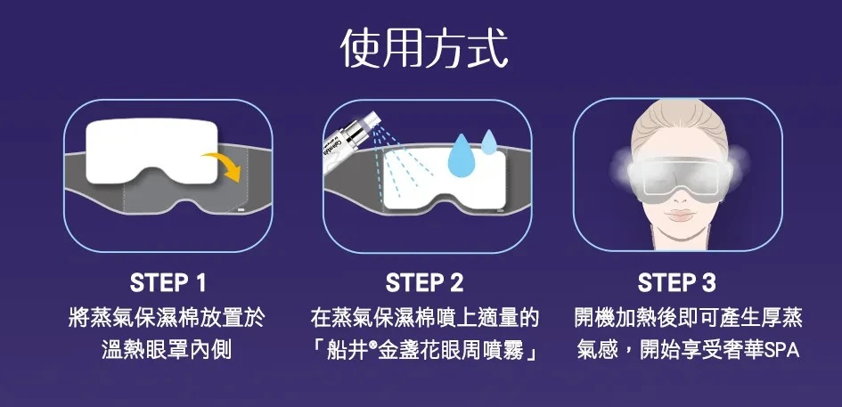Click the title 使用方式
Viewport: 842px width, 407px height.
pos(424,49)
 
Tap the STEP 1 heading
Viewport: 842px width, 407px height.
pos(168,283)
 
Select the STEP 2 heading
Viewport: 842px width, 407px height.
pos(424,283)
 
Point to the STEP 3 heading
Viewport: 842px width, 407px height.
pos(676,283)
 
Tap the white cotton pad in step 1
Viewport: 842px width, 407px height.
pos(151,151)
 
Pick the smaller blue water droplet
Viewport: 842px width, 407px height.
pos(489,142)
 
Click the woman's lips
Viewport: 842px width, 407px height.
pos(679,215)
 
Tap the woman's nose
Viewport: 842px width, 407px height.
pos(679,198)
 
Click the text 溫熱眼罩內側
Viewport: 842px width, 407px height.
pos(167,349)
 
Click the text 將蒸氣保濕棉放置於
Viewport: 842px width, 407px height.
pos(167,318)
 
